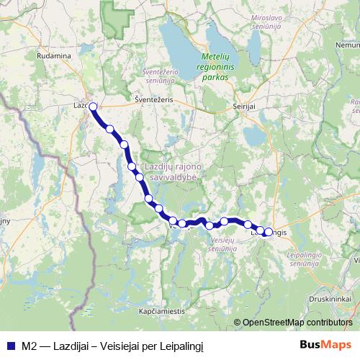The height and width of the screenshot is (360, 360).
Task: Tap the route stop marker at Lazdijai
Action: [93, 107]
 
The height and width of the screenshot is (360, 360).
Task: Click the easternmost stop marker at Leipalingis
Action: [269, 232]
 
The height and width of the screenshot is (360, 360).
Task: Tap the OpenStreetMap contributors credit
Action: [297, 322]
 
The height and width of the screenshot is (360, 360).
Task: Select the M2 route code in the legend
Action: [30, 344]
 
